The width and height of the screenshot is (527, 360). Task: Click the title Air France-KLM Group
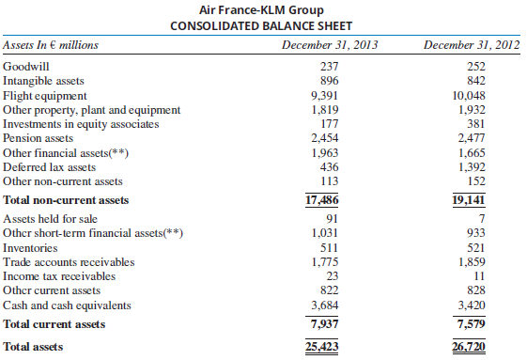click(x=263, y=8)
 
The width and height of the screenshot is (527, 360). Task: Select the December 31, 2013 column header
click(x=323, y=44)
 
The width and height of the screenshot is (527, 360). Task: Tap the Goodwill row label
click(x=28, y=68)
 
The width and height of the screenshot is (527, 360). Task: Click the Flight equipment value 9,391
click(x=323, y=96)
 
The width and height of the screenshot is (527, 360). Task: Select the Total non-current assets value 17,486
click(x=322, y=200)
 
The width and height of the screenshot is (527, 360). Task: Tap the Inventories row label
click(x=31, y=248)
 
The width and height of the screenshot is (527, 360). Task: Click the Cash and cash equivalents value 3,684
click(x=323, y=305)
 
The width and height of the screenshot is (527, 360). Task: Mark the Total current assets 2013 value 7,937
click(x=322, y=324)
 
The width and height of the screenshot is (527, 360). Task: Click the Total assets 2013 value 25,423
click(x=322, y=347)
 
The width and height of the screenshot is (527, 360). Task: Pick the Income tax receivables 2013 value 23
click(x=323, y=276)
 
